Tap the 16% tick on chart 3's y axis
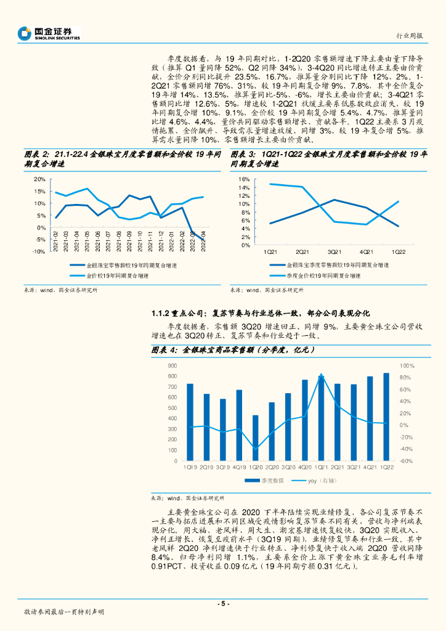pyautogui.click(x=245, y=179)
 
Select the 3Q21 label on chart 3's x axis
pyautogui.click(x=334, y=252)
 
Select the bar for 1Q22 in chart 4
pyautogui.click(x=386, y=417)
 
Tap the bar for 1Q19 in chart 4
pyautogui.click(x=190, y=422)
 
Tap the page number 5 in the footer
pyautogui.click(x=223, y=603)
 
